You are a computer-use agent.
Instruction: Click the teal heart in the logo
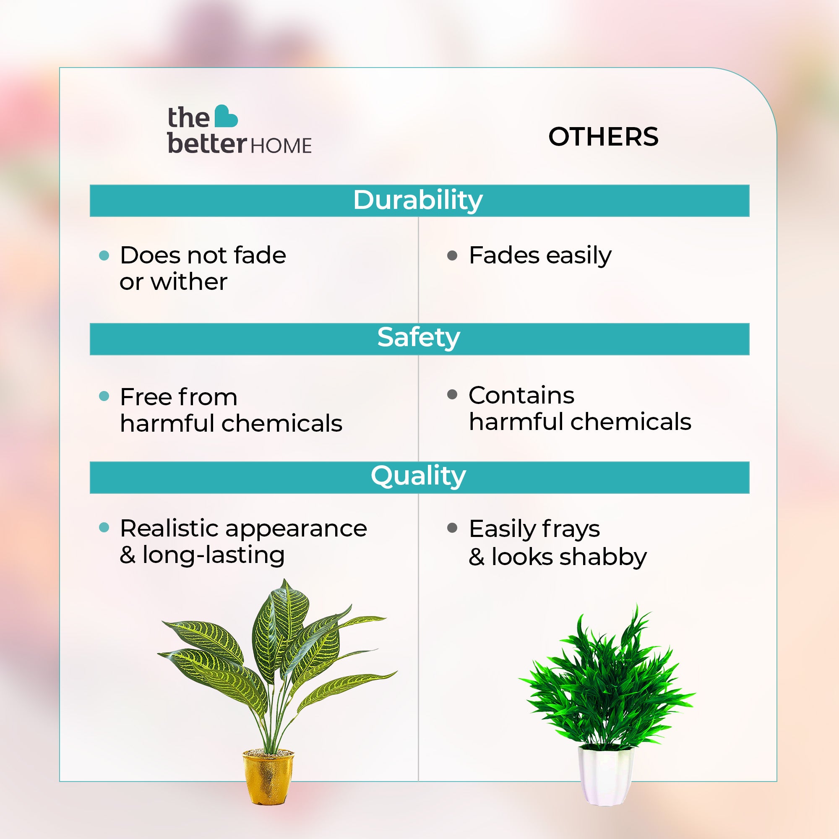(x=226, y=116)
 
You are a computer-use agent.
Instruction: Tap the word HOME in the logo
(x=281, y=146)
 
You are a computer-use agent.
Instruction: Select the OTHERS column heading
(x=603, y=137)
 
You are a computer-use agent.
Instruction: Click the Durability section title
(x=418, y=200)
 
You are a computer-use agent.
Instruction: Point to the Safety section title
(x=419, y=337)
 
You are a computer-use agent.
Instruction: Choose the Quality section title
(x=418, y=476)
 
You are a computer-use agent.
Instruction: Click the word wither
(x=189, y=282)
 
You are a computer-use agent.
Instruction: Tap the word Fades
(x=505, y=255)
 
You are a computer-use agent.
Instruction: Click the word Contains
(x=521, y=395)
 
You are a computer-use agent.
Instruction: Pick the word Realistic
(x=169, y=529)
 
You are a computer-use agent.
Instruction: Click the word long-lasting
(x=213, y=555)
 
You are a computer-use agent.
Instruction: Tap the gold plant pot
(x=268, y=777)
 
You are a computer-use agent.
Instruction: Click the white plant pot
(x=606, y=776)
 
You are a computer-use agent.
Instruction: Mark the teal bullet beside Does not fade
(x=104, y=255)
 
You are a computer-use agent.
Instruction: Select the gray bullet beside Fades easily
(x=452, y=255)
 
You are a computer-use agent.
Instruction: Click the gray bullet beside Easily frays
(x=452, y=528)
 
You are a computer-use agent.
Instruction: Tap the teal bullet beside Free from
(x=104, y=396)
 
